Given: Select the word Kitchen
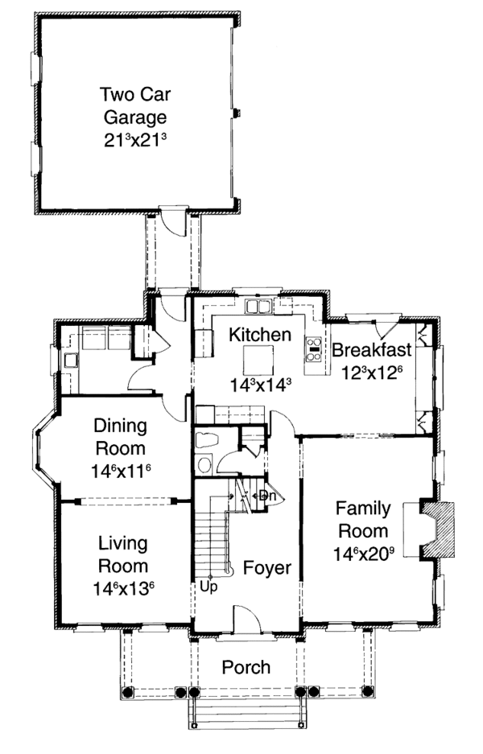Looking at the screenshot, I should pos(258,334).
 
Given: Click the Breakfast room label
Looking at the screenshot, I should pos(371,350).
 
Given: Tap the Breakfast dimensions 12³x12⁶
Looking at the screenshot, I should pos(371,373).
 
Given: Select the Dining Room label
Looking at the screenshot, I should pos(119,435).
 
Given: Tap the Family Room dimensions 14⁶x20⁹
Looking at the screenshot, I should pos(362,554).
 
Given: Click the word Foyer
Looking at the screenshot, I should pos(266,568).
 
